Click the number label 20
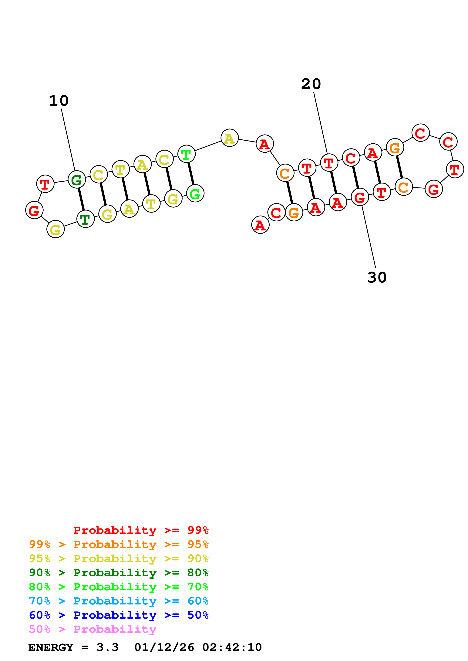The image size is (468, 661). pyautogui.click(x=311, y=84)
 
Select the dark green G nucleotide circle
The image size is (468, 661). pyautogui.click(x=77, y=180)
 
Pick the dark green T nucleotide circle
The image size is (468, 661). pyautogui.click(x=85, y=219)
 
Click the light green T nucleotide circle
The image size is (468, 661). pyautogui.click(x=187, y=154)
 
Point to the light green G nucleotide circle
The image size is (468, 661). pyautogui.click(x=195, y=194)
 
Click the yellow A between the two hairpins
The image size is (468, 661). pyautogui.click(x=230, y=138)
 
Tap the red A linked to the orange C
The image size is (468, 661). pyautogui.click(x=265, y=144)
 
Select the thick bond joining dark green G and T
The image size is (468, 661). pyautogui.click(x=81, y=199)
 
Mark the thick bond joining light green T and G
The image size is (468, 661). pyautogui.click(x=191, y=174)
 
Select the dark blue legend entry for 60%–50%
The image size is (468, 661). pyautogui.click(x=119, y=615)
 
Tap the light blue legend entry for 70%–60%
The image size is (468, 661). pyautogui.click(x=119, y=601)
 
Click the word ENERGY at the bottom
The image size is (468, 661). pyautogui.click(x=51, y=647)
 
